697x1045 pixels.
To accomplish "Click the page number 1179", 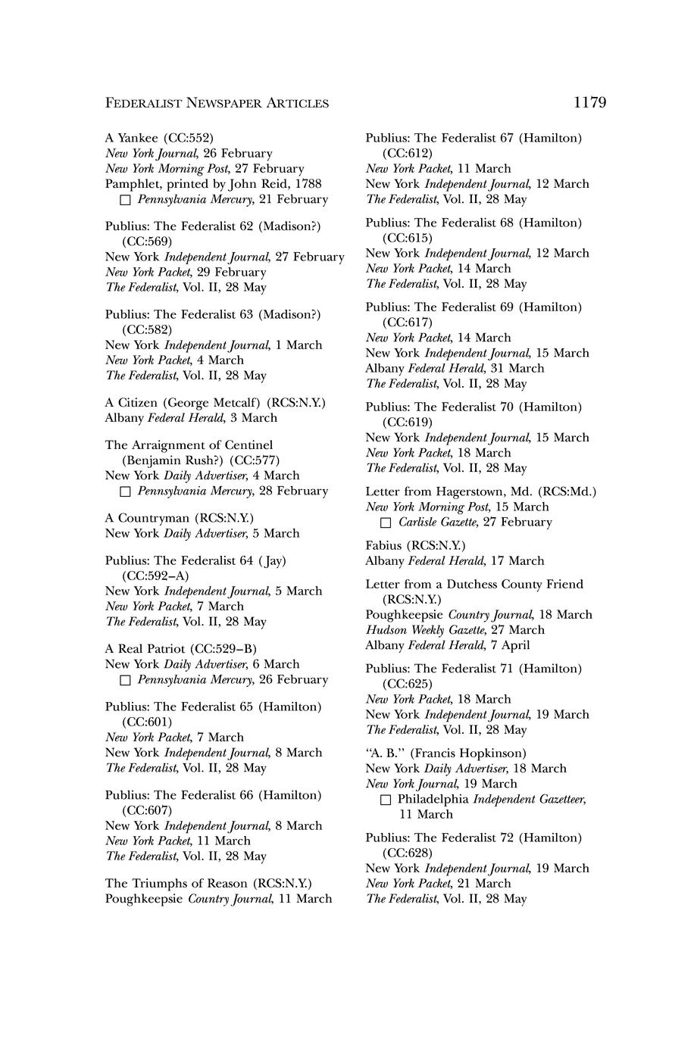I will [589, 102].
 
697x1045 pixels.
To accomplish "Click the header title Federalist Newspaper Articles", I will [217, 103].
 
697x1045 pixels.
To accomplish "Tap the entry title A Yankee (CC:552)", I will [159, 138].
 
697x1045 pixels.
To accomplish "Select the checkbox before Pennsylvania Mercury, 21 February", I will [126, 200].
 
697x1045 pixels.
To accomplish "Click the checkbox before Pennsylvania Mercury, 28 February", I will [126, 491].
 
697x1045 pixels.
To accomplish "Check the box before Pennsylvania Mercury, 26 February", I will [126, 680].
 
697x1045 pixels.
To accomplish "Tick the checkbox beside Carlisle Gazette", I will [386, 522].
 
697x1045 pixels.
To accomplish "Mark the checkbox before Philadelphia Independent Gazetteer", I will [386, 800].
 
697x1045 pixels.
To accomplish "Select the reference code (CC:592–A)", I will [155, 576].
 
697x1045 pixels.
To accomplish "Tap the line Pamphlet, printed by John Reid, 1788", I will [213, 184].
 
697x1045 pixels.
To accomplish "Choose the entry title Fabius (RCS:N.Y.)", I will [415, 546].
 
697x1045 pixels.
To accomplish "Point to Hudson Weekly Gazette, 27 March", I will [455, 630].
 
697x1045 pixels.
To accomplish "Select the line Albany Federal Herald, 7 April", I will [447, 645].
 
